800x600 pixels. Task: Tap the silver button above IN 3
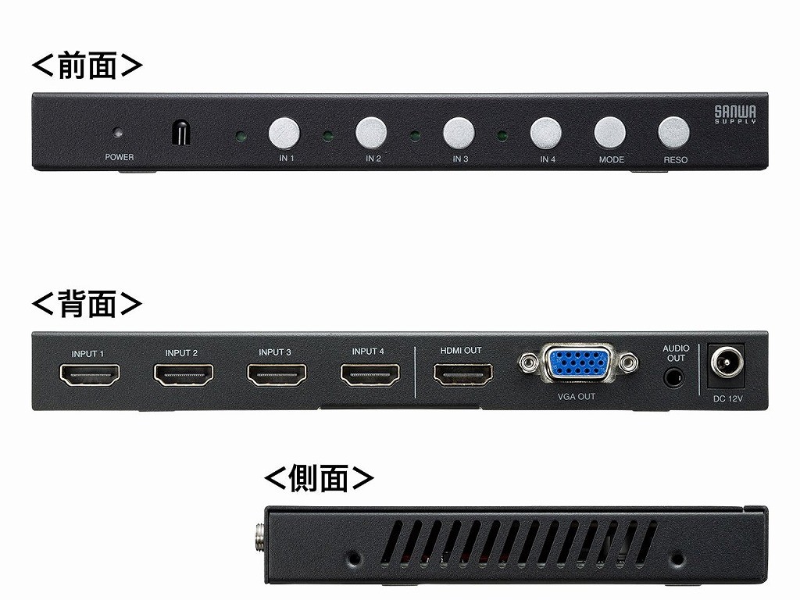pos(459,133)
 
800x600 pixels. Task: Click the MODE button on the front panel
pos(609,133)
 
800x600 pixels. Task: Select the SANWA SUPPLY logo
pos(735,114)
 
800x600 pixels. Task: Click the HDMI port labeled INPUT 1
pos(89,375)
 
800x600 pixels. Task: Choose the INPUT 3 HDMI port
pos(277,374)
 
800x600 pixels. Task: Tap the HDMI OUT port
pos(463,374)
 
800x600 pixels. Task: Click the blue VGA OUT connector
pos(578,362)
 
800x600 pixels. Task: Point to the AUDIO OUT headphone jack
pos(674,379)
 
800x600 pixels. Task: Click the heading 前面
pos(87,66)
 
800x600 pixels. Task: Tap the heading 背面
pos(87,304)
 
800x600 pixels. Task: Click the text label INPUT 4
pos(368,351)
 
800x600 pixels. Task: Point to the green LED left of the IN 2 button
pos(328,137)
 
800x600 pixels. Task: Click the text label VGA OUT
pos(577,396)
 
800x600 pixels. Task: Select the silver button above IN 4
pos(545,133)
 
